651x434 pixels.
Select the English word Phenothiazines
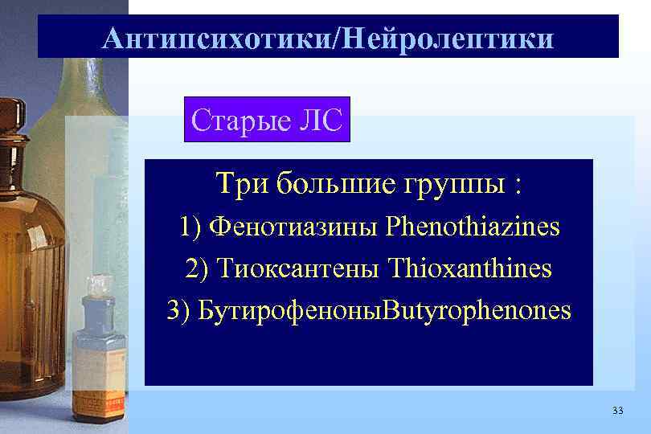(x=473, y=227)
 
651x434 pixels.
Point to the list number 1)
(x=190, y=227)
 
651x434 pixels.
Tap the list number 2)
(x=198, y=269)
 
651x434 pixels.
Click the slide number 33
(x=616, y=411)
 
